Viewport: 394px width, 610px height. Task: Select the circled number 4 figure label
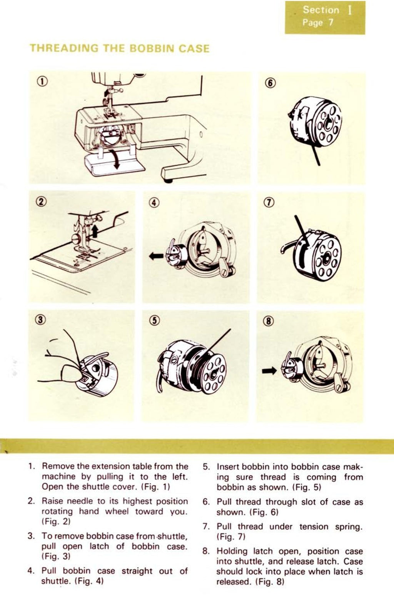[154, 203]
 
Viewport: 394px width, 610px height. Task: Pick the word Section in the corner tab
[321, 10]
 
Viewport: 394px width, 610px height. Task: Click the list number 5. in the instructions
[206, 467]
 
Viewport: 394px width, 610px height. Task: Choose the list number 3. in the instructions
[31, 536]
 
